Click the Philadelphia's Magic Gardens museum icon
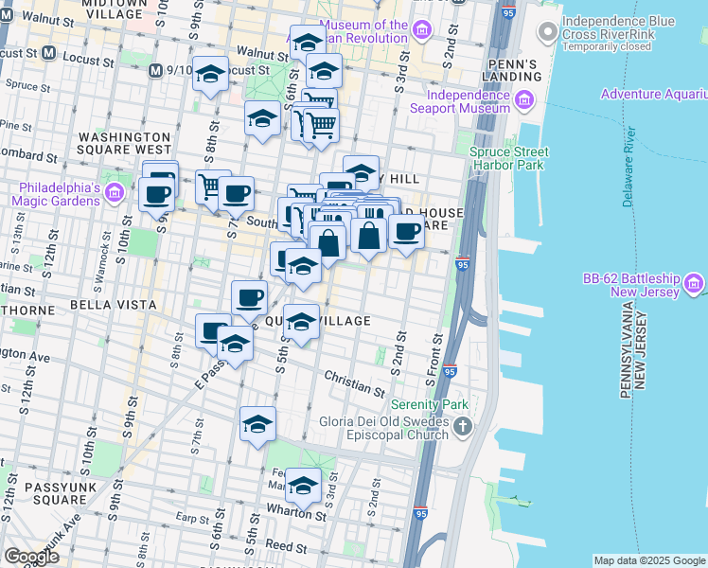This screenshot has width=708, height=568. tap(115, 194)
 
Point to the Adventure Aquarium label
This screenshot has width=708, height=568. tap(653, 95)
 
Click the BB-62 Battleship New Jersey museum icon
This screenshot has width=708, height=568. tap(694, 283)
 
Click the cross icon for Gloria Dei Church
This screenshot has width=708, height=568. tap(462, 427)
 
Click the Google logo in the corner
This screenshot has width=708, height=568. tap(31, 557)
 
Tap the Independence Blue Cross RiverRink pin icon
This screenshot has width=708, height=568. tap(546, 32)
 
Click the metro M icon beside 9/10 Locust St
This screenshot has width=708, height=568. tap(156, 69)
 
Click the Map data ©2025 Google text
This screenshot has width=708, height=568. tap(649, 560)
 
